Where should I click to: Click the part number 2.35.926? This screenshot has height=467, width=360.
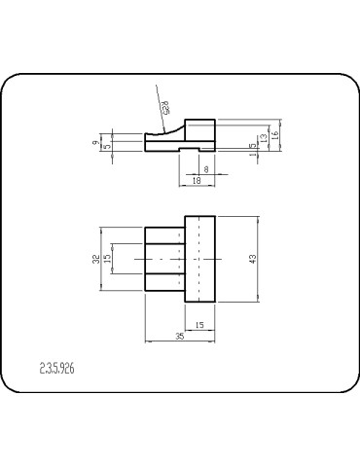click(57, 369)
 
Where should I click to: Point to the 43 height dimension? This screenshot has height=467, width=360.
click(253, 259)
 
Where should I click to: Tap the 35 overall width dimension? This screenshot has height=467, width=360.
click(180, 336)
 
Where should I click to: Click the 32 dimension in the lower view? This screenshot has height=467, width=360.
click(95, 259)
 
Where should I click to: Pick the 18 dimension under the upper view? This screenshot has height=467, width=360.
click(197, 181)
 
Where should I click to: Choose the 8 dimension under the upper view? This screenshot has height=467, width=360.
click(205, 168)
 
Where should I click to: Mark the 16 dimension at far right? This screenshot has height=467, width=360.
click(275, 135)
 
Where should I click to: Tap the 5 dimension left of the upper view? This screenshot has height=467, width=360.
click(107, 147)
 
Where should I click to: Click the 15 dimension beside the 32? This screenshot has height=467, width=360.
click(107, 259)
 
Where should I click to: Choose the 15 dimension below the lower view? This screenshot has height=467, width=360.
click(199, 324)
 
